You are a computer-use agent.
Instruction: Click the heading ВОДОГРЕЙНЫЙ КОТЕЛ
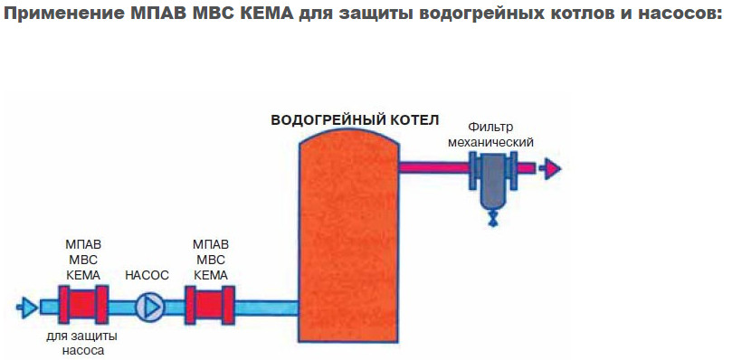(355, 119)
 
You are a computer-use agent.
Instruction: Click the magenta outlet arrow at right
(549, 168)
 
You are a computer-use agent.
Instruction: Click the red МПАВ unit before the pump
(83, 307)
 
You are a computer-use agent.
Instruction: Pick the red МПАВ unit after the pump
(210, 307)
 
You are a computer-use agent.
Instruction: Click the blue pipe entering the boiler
(266, 308)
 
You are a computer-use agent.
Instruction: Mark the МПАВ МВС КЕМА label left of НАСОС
(83, 259)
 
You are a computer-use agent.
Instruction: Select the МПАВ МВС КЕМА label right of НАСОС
(211, 259)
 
